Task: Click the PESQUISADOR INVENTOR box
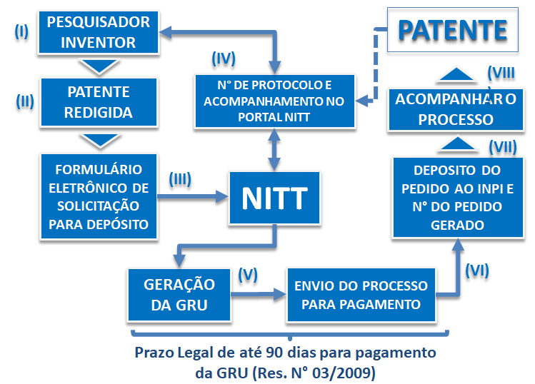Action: [99, 32]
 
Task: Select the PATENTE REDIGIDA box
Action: [99, 102]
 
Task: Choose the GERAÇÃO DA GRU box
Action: [180, 294]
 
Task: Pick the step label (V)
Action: [247, 273]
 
